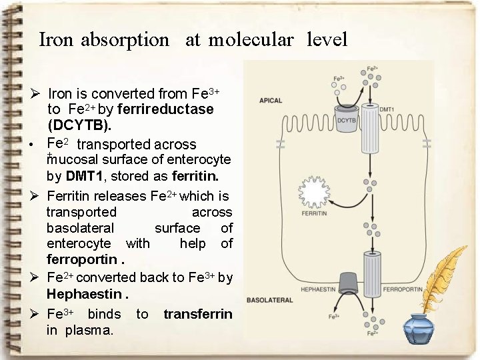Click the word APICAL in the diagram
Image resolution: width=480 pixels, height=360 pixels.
[x=271, y=101]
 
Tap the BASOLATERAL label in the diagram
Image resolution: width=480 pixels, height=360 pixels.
[x=268, y=300]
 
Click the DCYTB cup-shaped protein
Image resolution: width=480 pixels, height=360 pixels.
[x=346, y=117]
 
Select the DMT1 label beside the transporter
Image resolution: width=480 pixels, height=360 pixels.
[x=387, y=109]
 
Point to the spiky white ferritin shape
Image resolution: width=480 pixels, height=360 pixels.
[x=313, y=193]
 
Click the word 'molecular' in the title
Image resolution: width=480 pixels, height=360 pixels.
[x=251, y=40]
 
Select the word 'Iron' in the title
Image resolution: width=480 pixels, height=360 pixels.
[x=56, y=40]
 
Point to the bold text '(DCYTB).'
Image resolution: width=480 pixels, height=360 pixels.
[x=79, y=125]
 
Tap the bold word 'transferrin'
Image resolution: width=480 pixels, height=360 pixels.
[x=198, y=314]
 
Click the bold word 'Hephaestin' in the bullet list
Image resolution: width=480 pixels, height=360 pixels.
[x=84, y=294]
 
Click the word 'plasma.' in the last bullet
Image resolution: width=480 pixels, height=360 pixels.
[x=89, y=330]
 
